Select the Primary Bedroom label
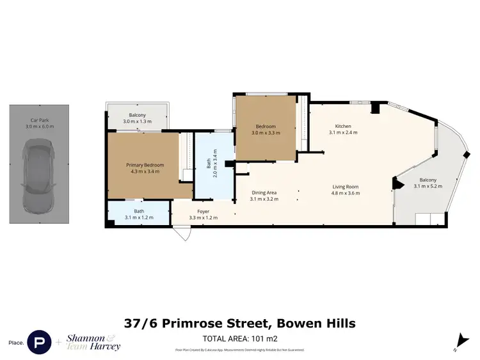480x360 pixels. tap(145, 168)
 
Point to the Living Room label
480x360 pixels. tap(345, 191)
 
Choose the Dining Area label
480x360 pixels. tap(263, 196)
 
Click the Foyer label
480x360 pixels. tap(203, 215)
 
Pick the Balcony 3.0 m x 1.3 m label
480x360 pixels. tap(138, 118)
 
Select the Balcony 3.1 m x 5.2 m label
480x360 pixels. tap(428, 183)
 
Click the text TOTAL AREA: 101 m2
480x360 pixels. tap(239, 338)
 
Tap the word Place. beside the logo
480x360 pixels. tap(17, 343)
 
